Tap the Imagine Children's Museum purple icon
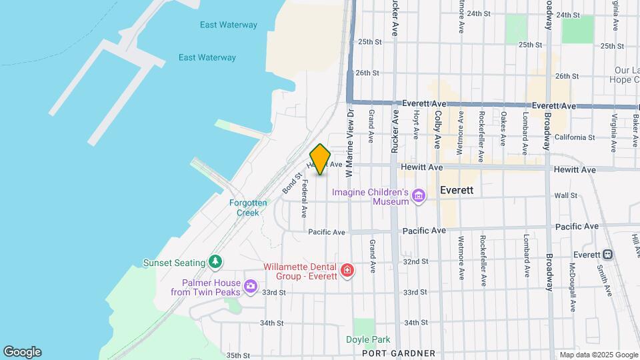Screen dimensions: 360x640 [x=419, y=195]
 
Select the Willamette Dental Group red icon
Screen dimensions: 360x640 [x=347, y=270]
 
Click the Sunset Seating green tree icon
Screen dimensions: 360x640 [x=215, y=261]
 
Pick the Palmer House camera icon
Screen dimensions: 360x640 [x=251, y=287]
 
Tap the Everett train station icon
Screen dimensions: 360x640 [x=607, y=255]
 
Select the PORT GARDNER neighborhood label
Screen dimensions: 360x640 [x=399, y=353]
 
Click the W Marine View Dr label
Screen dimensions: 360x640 [x=349, y=143]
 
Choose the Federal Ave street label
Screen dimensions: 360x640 [x=304, y=198]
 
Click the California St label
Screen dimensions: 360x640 [x=574, y=137]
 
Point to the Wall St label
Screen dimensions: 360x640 [x=565, y=196]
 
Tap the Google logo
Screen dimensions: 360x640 [x=22, y=352]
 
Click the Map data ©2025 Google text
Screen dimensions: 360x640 [x=599, y=355]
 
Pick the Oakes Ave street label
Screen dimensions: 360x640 [x=503, y=129]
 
